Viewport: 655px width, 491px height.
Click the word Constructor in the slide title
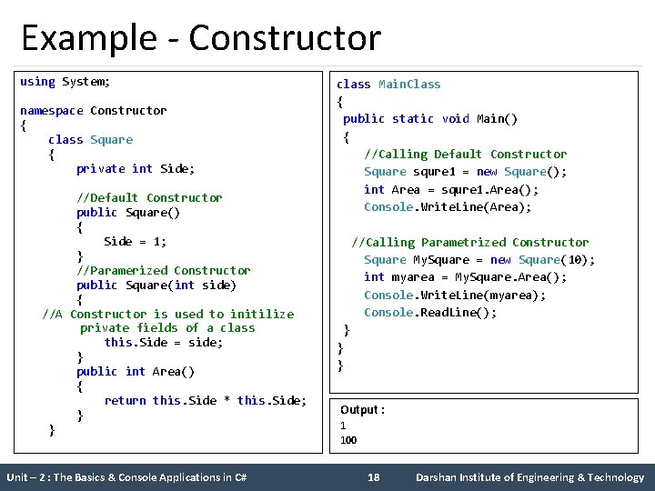(285, 39)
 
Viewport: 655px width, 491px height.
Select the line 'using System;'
(65, 82)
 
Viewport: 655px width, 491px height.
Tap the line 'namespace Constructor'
(93, 111)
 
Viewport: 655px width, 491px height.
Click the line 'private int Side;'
(136, 169)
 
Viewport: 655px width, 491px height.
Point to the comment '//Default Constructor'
(149, 198)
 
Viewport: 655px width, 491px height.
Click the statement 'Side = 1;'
(136, 242)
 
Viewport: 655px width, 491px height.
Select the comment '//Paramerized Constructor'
(163, 271)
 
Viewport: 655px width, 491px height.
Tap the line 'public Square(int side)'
(156, 286)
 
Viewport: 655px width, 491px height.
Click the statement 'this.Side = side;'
(164, 343)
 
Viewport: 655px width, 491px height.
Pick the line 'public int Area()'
(136, 372)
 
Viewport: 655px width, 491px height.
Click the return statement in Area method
(206, 401)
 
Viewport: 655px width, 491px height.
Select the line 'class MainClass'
(388, 85)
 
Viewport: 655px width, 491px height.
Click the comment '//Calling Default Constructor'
(465, 155)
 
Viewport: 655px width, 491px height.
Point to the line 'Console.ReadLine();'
(430, 313)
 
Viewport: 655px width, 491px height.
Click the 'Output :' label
(362, 410)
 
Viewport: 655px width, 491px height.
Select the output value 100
(348, 440)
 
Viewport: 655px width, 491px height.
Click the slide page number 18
(373, 477)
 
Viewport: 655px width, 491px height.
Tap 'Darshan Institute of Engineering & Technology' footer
(529, 477)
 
